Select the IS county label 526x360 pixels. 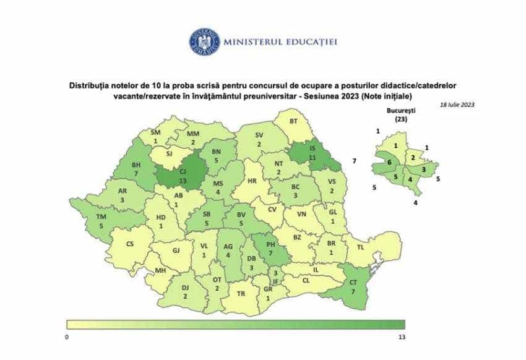point(313,150)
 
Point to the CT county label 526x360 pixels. point(353,282)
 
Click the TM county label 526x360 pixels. point(101,216)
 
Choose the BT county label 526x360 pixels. point(293,122)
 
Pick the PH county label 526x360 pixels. point(270,244)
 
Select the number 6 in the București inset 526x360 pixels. point(389,162)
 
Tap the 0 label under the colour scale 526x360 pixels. point(67,336)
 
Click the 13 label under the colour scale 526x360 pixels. point(402,336)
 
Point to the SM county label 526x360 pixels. point(155,132)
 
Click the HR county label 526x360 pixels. point(252,182)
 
